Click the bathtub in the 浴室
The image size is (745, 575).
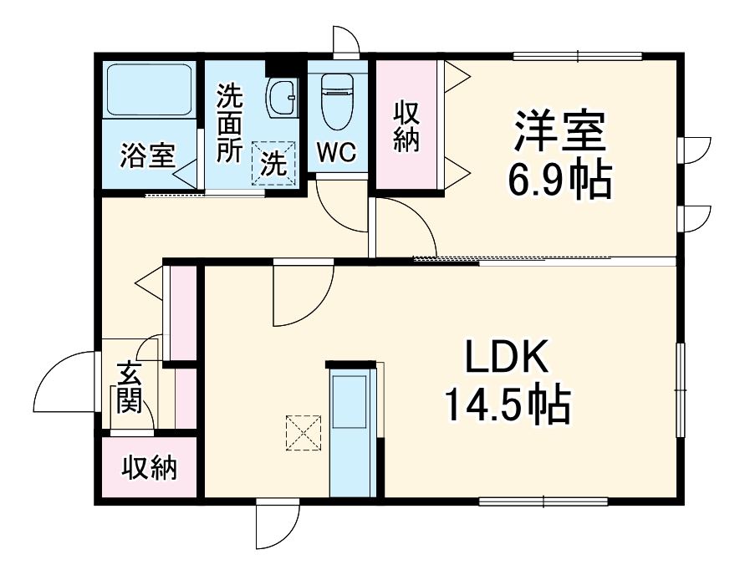149,89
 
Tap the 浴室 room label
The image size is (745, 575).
148,155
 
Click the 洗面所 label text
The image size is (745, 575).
230,123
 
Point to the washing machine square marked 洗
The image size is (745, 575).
273,163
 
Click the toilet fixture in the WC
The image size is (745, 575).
337,101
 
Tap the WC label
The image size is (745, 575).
336,152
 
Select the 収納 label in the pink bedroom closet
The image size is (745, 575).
406,126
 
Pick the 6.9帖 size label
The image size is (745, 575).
560,181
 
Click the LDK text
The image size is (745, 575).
507,356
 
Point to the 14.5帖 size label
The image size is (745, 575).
507,405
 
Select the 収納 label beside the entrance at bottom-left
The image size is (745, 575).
149,468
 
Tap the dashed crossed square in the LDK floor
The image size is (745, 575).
304,433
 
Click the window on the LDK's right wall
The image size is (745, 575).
681,389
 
